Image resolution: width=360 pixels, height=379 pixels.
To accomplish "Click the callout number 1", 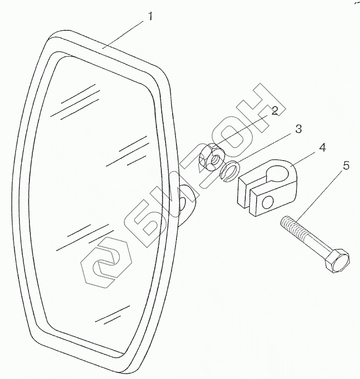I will (150, 17).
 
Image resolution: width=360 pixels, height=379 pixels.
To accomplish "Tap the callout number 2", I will (274, 111).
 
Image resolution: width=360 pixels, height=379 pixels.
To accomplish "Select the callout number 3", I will (297, 129).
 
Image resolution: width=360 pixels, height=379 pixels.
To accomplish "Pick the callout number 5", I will (346, 166).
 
